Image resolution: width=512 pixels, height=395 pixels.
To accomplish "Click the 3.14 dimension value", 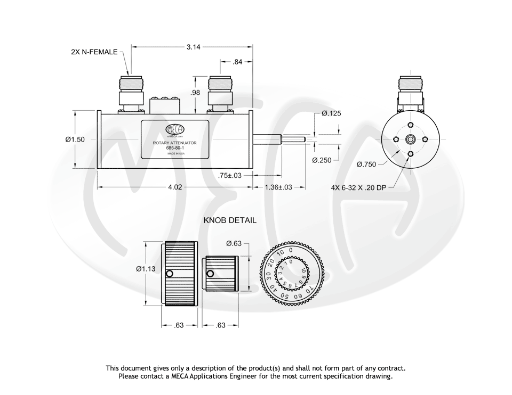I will coord(194,47).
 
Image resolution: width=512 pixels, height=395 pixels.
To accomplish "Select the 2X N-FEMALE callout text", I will coord(94,53).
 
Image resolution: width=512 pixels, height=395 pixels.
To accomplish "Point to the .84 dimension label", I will coord(237,62).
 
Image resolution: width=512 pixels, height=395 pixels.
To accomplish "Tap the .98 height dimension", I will coord(196,93).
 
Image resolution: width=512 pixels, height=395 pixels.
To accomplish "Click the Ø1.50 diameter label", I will coord(75,139).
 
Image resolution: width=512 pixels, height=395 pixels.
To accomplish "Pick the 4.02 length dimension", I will coord(175,187).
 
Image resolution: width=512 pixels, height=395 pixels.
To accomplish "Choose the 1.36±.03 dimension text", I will coord(278,187).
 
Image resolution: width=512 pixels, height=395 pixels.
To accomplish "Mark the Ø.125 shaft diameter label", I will coord(331,113).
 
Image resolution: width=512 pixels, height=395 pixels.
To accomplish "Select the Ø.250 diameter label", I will coord(323,160).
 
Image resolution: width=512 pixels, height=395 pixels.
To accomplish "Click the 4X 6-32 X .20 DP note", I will coord(357,187).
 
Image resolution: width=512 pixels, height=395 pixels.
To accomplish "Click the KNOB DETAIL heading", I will coord(230,220).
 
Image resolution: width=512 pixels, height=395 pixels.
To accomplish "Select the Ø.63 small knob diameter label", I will coord(234,243).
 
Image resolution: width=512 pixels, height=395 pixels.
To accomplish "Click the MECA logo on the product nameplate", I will coord(175,129).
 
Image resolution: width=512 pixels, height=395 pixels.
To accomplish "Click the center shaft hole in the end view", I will coord(410,139).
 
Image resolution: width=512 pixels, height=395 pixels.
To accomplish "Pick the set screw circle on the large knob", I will coord(169,274).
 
